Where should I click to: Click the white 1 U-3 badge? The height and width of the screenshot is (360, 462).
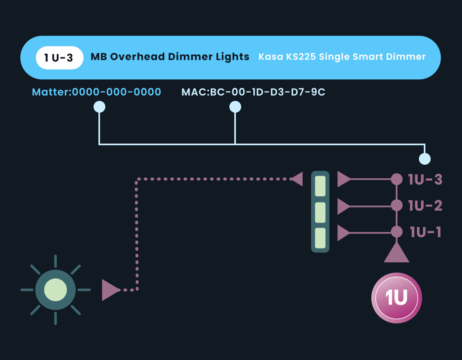coord(59,57)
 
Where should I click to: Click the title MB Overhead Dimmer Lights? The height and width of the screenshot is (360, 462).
coord(170,57)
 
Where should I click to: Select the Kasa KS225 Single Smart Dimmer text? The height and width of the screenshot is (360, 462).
coord(342,57)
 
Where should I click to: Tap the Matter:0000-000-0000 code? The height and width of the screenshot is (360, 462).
coord(96,92)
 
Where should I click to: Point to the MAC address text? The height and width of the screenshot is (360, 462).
coord(253,92)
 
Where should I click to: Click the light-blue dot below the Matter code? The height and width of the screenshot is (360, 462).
coord(99,107)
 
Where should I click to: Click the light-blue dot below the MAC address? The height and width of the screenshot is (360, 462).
coord(235,107)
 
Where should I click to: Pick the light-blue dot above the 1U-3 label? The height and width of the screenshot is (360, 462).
coord(425,159)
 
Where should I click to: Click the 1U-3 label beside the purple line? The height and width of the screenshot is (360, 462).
coord(425,179)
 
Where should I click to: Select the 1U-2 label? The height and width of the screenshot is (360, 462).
coord(425,206)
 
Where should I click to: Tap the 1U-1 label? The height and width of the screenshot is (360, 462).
coord(425,232)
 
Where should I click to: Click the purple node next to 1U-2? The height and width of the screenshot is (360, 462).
coord(396,206)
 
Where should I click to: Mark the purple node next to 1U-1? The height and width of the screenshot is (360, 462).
coord(396,232)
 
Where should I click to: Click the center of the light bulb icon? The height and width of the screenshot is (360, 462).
coord(55,290)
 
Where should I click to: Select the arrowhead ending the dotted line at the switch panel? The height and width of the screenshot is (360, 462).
coord(297,179)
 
